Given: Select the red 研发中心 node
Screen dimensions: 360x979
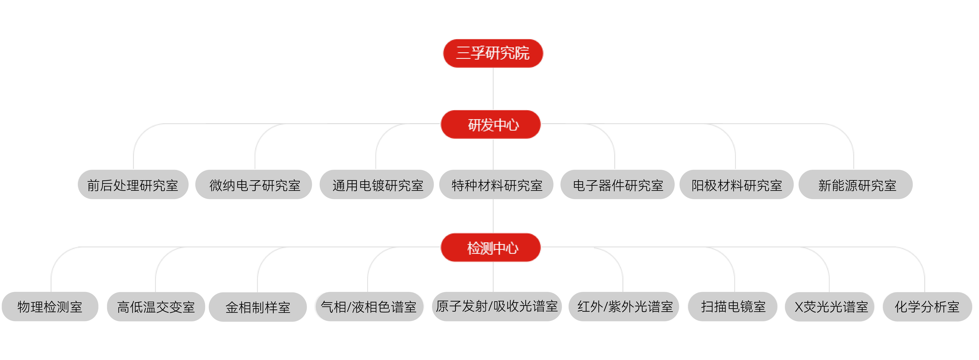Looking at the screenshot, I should pos(491,124).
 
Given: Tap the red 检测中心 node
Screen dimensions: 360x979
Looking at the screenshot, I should pos(491,247).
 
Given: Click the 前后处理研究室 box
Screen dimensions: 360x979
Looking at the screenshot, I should pos(133,185).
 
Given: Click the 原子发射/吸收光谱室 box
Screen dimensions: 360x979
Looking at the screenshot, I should pos(497,306).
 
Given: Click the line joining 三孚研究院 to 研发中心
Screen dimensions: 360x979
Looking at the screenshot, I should pos(493,89).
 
